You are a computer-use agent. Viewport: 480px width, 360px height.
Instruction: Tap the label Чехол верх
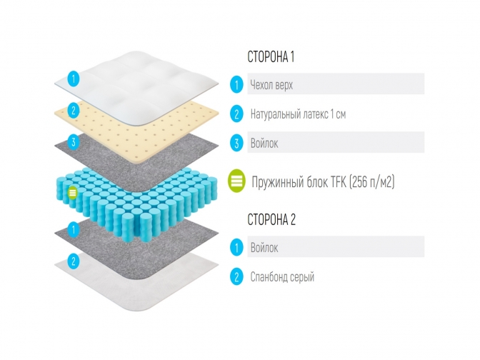click(x=271, y=85)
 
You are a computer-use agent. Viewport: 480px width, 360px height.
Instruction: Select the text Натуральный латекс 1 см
click(x=299, y=114)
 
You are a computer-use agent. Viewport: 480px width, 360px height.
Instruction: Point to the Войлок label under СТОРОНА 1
click(x=264, y=143)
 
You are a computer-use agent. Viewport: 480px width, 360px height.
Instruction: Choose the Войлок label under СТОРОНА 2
click(x=264, y=248)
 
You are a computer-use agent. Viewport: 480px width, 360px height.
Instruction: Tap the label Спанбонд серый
click(x=282, y=276)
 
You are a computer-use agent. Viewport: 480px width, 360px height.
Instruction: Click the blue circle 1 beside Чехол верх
click(x=236, y=85)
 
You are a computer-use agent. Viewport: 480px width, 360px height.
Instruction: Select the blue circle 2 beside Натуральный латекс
click(x=236, y=114)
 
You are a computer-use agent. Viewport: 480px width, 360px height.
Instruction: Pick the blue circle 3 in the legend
click(x=236, y=143)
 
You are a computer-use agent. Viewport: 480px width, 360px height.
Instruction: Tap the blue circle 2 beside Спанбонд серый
click(x=236, y=276)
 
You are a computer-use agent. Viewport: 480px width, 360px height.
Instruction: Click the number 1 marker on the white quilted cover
click(x=72, y=79)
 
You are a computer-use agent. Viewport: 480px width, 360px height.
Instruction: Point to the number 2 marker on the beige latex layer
click(x=72, y=110)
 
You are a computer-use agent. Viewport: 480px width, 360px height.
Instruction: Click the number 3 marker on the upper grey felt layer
click(x=72, y=142)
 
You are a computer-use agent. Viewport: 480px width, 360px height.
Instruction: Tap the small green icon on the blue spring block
click(x=72, y=191)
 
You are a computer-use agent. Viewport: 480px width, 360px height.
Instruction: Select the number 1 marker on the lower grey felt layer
click(x=72, y=229)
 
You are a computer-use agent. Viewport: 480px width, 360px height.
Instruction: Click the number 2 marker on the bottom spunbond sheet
click(x=72, y=259)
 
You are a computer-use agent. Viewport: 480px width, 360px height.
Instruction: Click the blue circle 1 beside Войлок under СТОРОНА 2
click(x=236, y=248)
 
